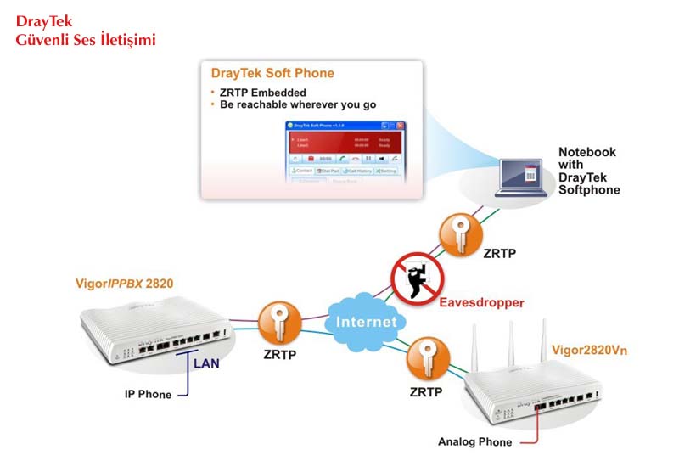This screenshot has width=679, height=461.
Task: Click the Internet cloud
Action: point(365,320)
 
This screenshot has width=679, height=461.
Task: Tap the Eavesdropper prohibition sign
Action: point(415,279)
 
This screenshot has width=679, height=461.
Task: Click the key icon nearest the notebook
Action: point(459,232)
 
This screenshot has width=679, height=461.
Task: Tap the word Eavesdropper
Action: point(481,302)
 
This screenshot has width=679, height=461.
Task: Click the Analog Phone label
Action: point(474,441)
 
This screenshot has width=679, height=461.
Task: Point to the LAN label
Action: point(207,364)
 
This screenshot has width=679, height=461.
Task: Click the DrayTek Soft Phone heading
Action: point(272,74)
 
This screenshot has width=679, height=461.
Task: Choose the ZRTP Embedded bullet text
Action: point(263,92)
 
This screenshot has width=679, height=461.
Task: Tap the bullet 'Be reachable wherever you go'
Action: point(297,104)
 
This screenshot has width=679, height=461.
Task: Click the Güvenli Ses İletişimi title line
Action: point(86,40)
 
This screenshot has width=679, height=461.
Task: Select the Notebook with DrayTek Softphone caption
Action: point(588,171)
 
